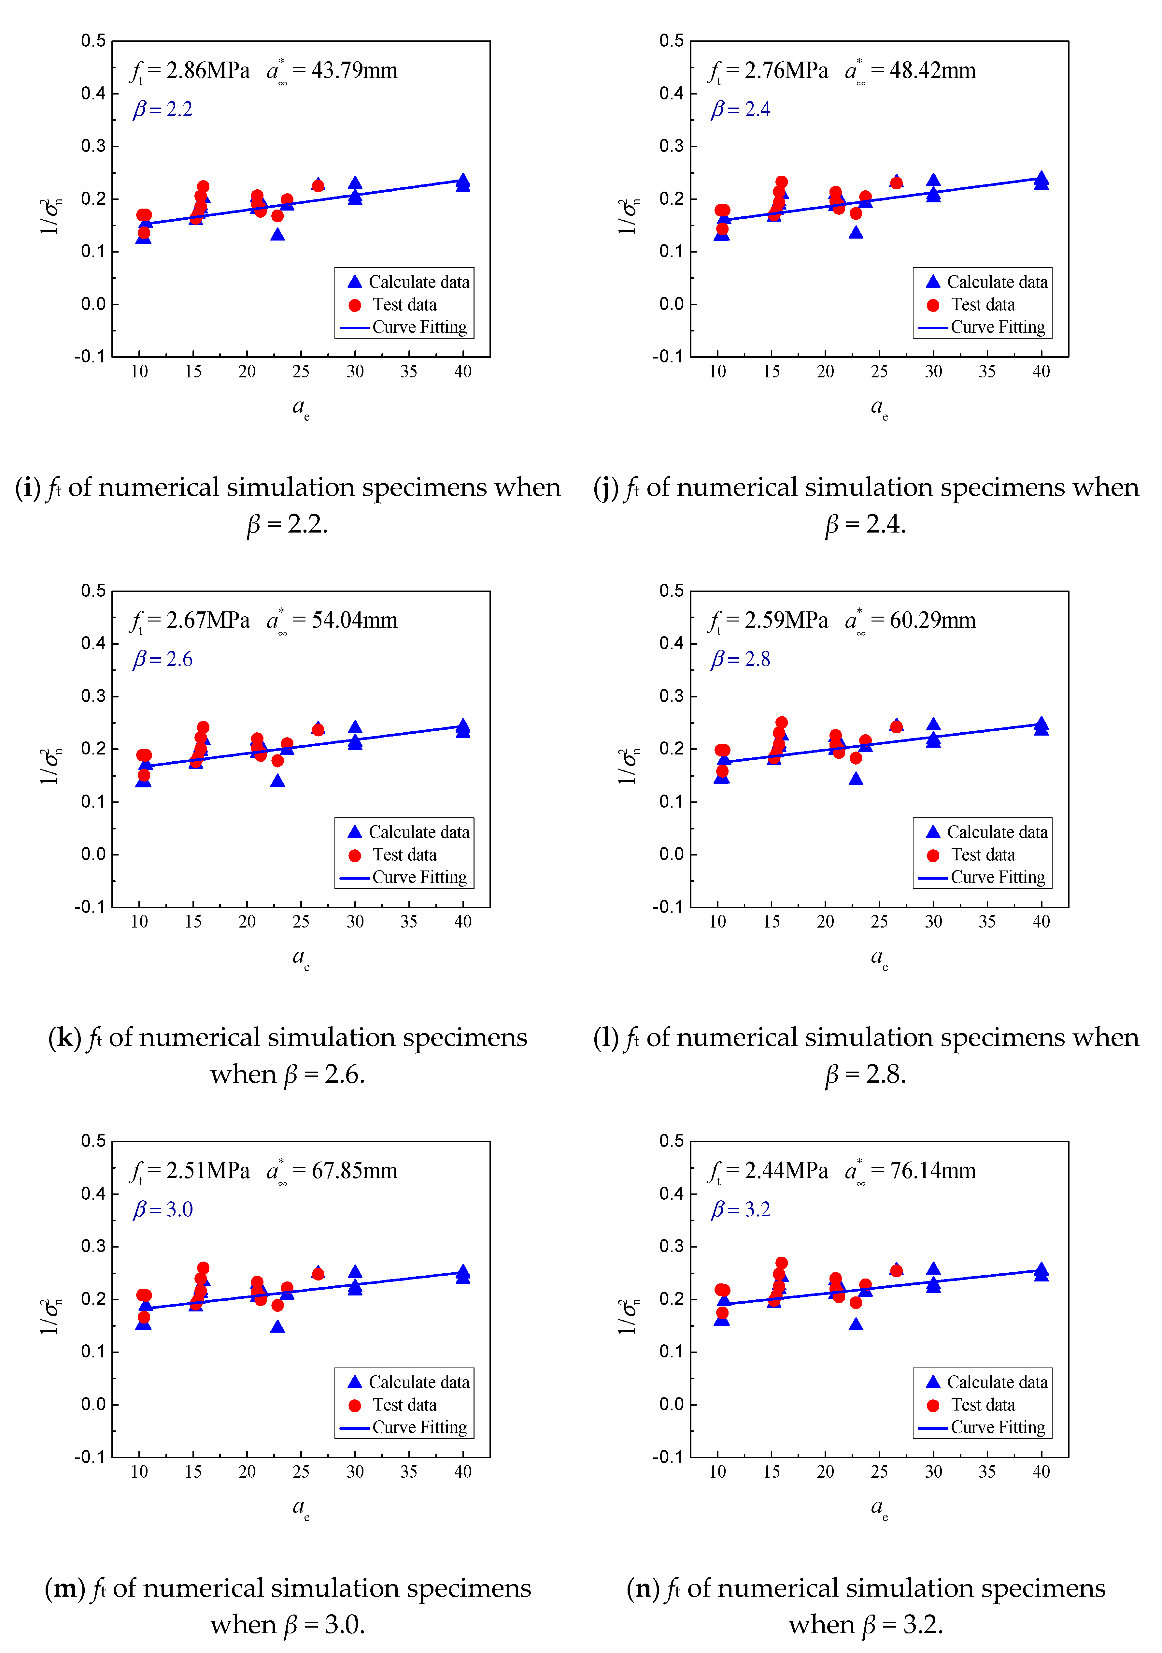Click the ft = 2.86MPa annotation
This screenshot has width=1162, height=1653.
pos(191,71)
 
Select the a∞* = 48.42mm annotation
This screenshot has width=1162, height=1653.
pos(910,71)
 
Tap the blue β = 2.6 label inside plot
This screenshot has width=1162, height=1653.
pos(163,659)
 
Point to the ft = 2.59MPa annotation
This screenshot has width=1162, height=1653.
pos(769,621)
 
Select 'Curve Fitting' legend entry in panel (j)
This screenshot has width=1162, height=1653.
pos(997,328)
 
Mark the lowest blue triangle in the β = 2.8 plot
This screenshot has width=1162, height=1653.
pos(856,778)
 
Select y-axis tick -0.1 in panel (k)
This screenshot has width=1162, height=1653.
pos(90,907)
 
